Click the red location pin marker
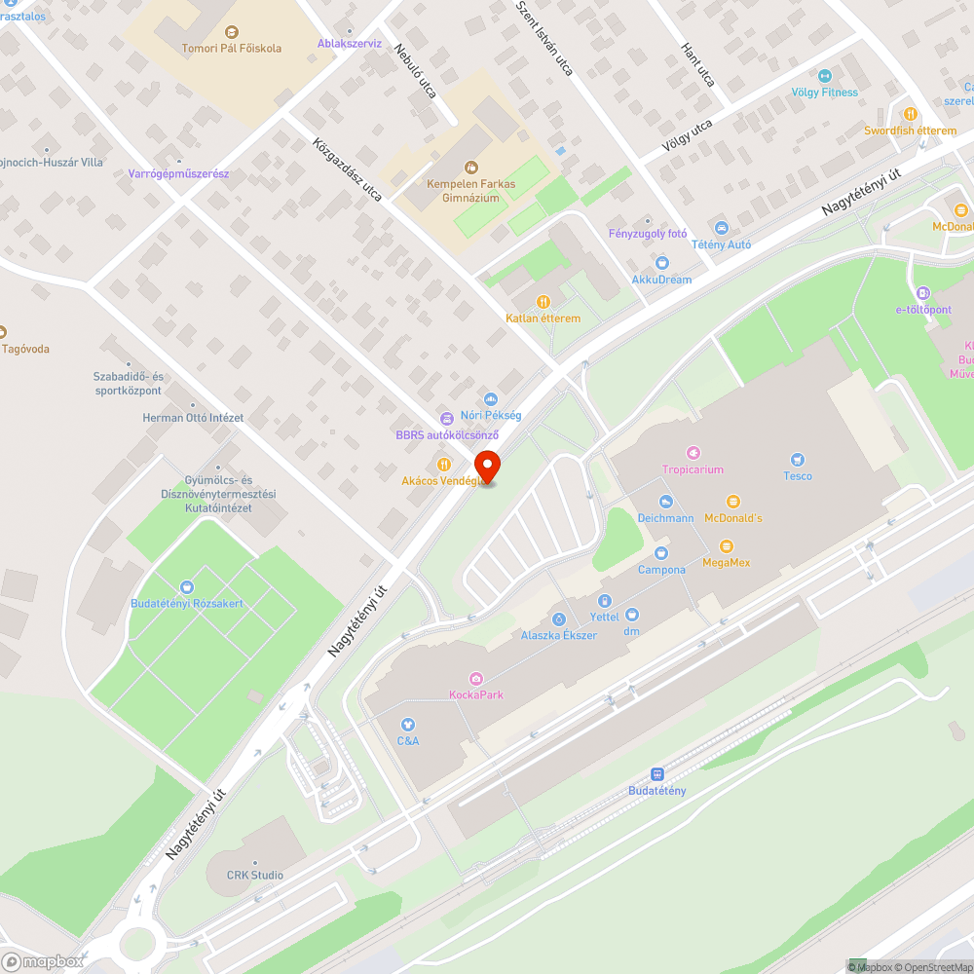[486, 466]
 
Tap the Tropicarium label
[693, 468]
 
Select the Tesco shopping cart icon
[798, 460]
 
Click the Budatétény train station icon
[656, 774]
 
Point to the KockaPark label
[475, 694]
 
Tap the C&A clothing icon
[408, 725]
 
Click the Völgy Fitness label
[826, 93]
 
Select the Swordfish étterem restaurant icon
[911, 114]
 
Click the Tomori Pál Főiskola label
[232, 48]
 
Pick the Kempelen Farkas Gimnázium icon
[471, 167]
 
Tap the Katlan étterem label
[543, 318]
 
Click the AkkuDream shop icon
[662, 262]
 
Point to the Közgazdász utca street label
[347, 169]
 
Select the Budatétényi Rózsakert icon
[187, 587]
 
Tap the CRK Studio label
[254, 875]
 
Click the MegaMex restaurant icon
[726, 546]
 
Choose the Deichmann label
[666, 518]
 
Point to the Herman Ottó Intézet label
[193, 418]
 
